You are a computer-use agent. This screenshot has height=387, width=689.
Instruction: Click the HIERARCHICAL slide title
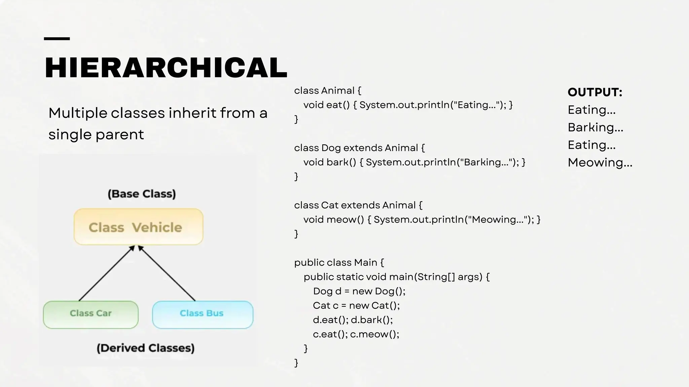coord(166,68)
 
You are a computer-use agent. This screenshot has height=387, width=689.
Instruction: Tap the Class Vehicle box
coord(138,227)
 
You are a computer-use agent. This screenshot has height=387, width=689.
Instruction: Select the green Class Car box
coord(90,314)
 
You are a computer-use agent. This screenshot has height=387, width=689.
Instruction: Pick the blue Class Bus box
coord(202,314)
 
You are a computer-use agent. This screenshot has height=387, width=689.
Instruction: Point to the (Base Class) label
coord(142,194)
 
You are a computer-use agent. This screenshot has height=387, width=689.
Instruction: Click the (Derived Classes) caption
coord(145,348)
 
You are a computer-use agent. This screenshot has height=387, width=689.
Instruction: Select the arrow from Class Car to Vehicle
coord(107,273)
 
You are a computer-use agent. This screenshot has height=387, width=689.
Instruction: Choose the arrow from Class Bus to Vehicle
coord(167,273)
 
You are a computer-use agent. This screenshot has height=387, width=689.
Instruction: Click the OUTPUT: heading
coord(595,92)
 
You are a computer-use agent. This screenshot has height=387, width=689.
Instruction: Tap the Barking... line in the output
coord(595,127)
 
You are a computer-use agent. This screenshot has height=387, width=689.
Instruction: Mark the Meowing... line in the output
coord(600,163)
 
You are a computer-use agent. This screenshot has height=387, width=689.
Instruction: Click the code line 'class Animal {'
coord(327,91)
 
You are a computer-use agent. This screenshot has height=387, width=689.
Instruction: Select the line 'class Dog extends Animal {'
coord(359,148)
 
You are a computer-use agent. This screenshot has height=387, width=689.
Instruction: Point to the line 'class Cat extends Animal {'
coord(358,205)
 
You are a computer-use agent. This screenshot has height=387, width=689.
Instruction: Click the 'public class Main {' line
coord(339,262)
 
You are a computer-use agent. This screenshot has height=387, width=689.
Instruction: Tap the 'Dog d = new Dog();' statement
coord(359,291)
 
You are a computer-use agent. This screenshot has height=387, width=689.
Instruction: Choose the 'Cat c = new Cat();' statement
coord(356,305)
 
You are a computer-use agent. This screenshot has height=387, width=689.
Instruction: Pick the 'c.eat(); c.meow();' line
coord(356,334)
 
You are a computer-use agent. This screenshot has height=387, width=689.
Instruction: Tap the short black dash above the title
coord(57,39)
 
